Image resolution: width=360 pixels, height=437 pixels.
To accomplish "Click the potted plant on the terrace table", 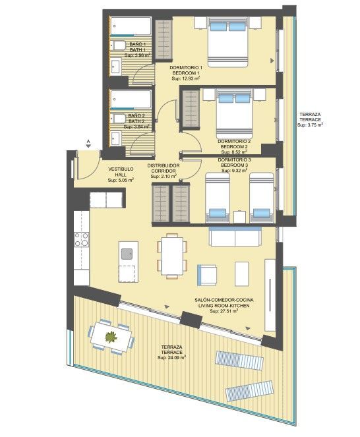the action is (x=111, y=337).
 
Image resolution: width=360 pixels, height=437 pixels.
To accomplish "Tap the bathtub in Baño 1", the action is (x=131, y=26).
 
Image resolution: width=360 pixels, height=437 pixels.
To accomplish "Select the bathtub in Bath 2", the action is (x=131, y=100).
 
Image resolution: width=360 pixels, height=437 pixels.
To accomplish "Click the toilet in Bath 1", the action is (x=118, y=45).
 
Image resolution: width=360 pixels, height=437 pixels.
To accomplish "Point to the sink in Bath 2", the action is (x=116, y=138).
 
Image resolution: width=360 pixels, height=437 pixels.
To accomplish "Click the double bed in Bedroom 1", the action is (x=227, y=42).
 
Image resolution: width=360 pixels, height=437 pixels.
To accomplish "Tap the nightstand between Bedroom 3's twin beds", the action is (x=239, y=217).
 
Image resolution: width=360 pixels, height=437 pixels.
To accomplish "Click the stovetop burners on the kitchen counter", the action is (x=81, y=240).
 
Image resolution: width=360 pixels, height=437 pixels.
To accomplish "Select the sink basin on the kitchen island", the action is (x=127, y=254).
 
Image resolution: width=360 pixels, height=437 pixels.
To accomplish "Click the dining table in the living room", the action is (x=172, y=256).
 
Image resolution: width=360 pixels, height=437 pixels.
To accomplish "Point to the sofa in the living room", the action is (x=235, y=237).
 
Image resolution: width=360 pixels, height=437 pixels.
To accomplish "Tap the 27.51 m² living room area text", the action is (x=224, y=311).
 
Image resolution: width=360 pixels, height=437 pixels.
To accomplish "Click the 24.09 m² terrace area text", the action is (x=172, y=357).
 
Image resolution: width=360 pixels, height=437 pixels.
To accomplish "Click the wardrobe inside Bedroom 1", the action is (x=164, y=40).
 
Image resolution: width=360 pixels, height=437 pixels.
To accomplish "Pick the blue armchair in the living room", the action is (x=207, y=275).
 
